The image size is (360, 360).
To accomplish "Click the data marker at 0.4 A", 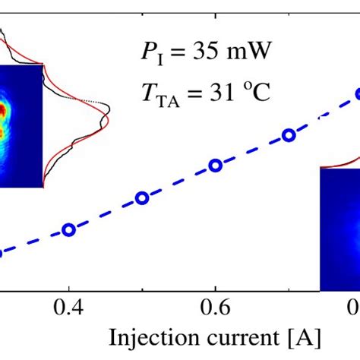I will pos(69,229).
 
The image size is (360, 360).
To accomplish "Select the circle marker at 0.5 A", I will pos(141,198).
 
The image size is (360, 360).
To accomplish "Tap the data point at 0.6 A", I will pos(215,165).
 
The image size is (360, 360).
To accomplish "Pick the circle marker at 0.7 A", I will pos(288,135).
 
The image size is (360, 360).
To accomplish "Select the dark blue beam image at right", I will pos(339,228).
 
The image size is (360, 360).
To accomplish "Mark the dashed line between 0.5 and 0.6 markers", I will pos(178,182).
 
